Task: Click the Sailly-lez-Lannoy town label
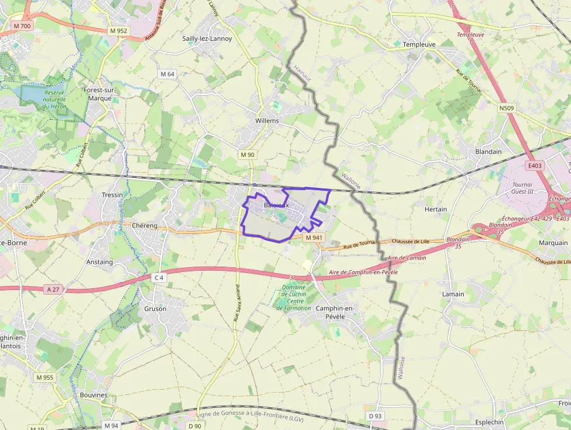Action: point(207,39)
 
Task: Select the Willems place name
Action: point(267,121)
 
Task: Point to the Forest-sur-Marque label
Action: point(100,94)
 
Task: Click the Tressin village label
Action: point(112,195)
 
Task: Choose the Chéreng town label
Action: point(145,225)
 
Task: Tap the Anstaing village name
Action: point(100,262)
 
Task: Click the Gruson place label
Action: point(155,309)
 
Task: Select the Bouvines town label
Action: point(94,395)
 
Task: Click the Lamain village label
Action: point(453,294)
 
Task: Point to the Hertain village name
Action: point(436,209)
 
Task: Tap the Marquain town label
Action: point(553,243)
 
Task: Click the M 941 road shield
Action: point(313,237)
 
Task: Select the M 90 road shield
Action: point(247,155)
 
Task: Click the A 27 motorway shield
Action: point(51,289)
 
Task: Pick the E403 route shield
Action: point(534,166)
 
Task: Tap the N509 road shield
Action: point(506,108)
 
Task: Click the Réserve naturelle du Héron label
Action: point(54,99)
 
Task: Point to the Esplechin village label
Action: point(489,422)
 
